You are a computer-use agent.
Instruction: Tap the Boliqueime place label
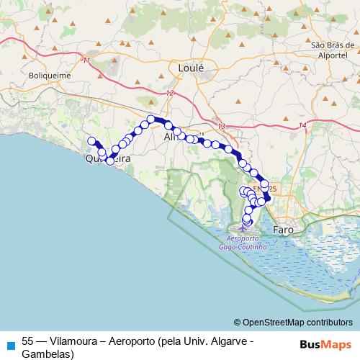[x=45, y=73]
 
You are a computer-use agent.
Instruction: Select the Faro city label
[x=283, y=230]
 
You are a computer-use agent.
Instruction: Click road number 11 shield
[x=87, y=60]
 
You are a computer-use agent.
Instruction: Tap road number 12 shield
[x=170, y=94]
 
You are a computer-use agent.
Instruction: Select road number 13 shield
[x=221, y=126]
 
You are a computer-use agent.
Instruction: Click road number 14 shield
[x=303, y=125]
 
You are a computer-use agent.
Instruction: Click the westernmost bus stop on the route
[x=91, y=142]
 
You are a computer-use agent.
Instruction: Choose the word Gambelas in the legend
[x=48, y=354]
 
